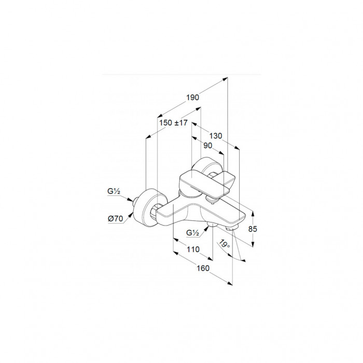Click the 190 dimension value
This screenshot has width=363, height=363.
[x=192, y=97]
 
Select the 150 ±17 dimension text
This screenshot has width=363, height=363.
[x=173, y=123]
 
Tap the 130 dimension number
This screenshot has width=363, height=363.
[x=216, y=136]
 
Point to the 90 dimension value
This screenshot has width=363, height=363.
[x=207, y=146]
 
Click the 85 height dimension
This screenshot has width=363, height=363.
[x=253, y=229]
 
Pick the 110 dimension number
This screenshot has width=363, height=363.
[x=193, y=249]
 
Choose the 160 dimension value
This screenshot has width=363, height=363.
[x=203, y=268]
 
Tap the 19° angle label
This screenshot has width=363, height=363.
[x=225, y=244]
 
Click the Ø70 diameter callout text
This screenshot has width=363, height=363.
[x=116, y=218]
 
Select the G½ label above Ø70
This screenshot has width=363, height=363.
[x=114, y=191]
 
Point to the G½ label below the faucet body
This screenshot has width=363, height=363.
[x=192, y=233]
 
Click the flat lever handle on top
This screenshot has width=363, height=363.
[x=206, y=184]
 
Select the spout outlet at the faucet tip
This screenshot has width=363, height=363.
[x=231, y=228]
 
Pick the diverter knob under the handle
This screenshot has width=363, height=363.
[x=212, y=200]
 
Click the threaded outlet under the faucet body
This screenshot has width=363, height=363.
[x=212, y=225]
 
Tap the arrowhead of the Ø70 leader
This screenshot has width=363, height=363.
[x=132, y=214]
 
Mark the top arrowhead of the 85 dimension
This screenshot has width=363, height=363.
[x=253, y=214]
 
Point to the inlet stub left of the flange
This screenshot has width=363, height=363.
[x=135, y=201]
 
